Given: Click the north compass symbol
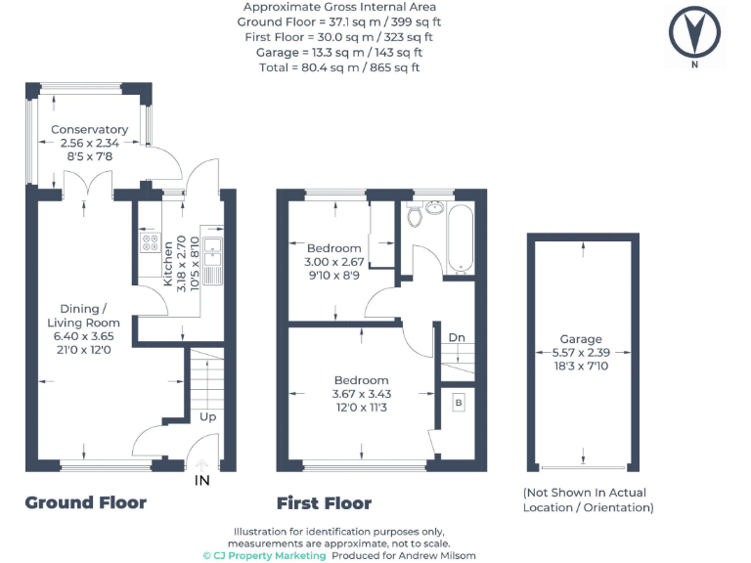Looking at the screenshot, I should pos(696,31).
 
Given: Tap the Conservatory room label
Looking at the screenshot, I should pos(89,129).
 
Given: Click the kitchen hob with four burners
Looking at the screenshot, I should pos(151,242).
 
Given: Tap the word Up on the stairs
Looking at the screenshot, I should pos(208,415).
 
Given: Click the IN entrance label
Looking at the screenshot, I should pos(201,481).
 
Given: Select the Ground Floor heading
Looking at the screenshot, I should pos(85,502).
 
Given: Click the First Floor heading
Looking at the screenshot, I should pos(324,502).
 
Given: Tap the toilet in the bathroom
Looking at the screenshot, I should pos(417,214).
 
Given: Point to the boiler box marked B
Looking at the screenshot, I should pos(458,403).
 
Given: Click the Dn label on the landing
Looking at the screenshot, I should pos(457,337).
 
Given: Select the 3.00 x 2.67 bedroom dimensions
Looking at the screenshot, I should pos(334,262).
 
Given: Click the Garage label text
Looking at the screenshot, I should pos(581,339).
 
